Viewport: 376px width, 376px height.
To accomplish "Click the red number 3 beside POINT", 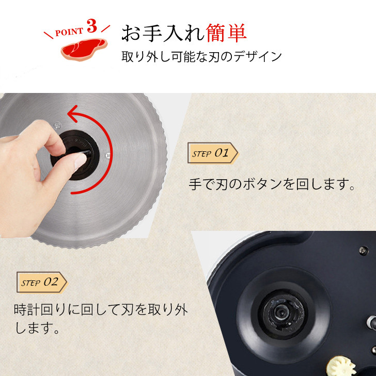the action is (x=92, y=26).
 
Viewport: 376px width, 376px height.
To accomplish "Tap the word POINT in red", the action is (x=69, y=32).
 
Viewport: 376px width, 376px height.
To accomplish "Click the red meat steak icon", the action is (x=84, y=49).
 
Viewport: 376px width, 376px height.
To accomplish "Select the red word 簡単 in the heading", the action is (x=226, y=33).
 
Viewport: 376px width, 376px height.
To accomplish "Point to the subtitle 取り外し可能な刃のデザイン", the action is (x=201, y=57).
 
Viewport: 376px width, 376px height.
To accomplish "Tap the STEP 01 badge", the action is (x=213, y=153).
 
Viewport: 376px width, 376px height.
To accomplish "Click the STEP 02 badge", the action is (x=42, y=282).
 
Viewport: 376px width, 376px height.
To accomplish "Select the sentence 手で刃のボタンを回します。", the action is (x=272, y=184).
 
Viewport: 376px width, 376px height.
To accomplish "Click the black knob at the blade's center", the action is (x=75, y=155).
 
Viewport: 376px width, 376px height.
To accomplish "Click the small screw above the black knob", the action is (x=57, y=126).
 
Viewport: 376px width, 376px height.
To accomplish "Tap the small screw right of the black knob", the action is (x=108, y=155).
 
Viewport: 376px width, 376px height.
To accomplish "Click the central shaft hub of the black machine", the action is (x=280, y=312).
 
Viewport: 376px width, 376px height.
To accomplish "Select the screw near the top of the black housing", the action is (x=364, y=250).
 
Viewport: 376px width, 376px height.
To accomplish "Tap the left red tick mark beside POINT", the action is (x=48, y=35).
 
